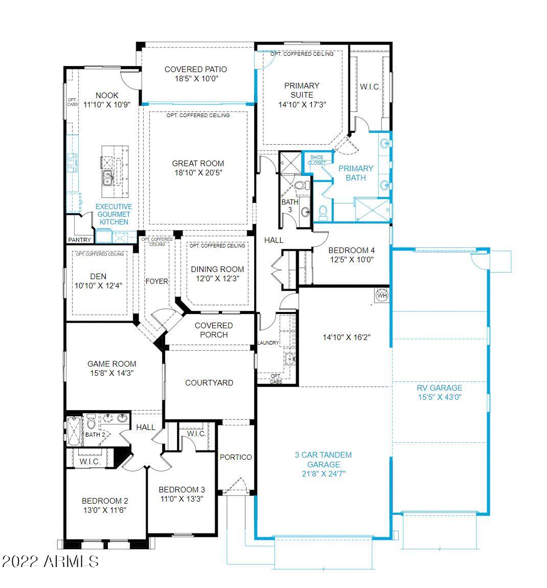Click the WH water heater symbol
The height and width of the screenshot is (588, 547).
tap(382, 295)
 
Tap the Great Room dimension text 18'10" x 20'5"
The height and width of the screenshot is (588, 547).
tap(198, 173)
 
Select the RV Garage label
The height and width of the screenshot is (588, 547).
tap(440, 388)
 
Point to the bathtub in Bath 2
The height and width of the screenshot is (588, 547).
tap(74, 431)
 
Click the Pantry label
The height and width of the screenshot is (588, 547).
tap(79, 240)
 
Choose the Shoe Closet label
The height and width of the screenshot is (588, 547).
tap(317, 160)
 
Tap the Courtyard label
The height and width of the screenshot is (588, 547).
tap(209, 383)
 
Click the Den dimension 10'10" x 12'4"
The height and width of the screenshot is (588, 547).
tap(98, 286)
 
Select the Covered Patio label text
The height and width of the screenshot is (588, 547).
tap(196, 70)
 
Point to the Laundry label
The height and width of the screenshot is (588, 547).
tap(268, 343)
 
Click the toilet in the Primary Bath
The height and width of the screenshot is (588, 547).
tap(323, 213)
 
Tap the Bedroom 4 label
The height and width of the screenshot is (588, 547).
tap(352, 250)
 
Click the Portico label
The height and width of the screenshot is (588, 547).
tap(236, 457)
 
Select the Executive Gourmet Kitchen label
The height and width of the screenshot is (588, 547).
tap(113, 214)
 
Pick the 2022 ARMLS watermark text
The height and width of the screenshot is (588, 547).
tap(50, 561)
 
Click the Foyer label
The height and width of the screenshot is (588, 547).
tap(157, 281)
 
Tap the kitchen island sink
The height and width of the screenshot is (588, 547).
tap(107, 178)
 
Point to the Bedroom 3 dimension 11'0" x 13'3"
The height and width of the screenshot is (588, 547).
tap(182, 499)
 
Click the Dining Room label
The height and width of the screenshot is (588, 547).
tap(217, 269)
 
